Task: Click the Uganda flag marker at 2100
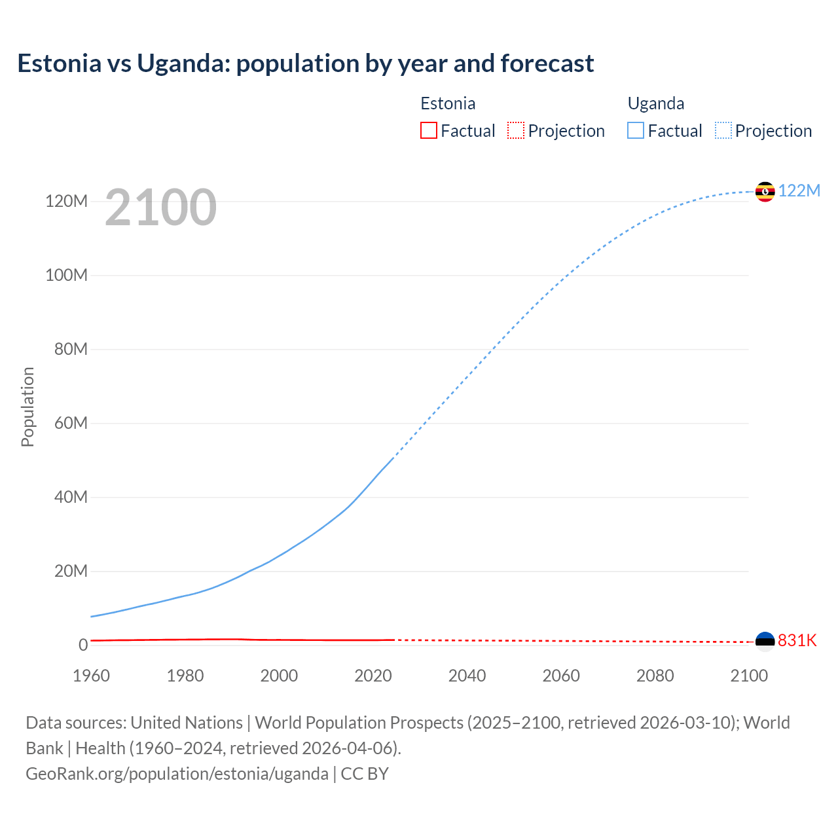765,192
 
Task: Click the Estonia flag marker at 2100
765,641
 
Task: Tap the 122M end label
799,191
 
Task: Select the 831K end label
797,640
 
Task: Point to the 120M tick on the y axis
66,201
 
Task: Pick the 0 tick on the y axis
83,645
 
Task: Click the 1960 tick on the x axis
91,676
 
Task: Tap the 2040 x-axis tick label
467,676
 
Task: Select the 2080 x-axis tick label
655,676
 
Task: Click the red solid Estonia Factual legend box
428,131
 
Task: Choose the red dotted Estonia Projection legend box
516,131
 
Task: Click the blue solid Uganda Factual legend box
636,131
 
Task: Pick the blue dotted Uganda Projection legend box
723,131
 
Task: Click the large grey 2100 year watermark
160,208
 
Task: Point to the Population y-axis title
27,407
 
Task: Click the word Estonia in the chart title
60,64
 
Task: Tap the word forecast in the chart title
547,64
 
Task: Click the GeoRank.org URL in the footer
177,774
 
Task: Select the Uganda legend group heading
656,103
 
